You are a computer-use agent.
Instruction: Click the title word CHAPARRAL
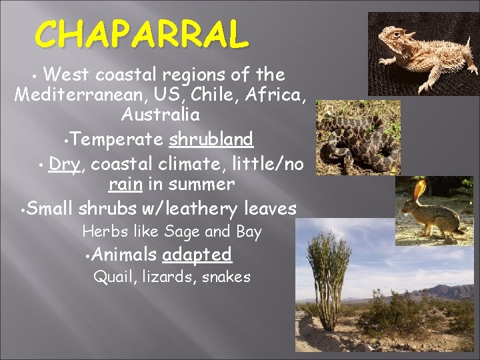coord(142,34)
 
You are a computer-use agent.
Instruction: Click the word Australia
coord(161,115)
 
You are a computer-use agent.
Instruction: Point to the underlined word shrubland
coord(211,139)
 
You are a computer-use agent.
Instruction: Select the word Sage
coord(179,232)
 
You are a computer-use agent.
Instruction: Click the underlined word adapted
coord(197,254)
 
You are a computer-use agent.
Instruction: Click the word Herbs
coord(100,232)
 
